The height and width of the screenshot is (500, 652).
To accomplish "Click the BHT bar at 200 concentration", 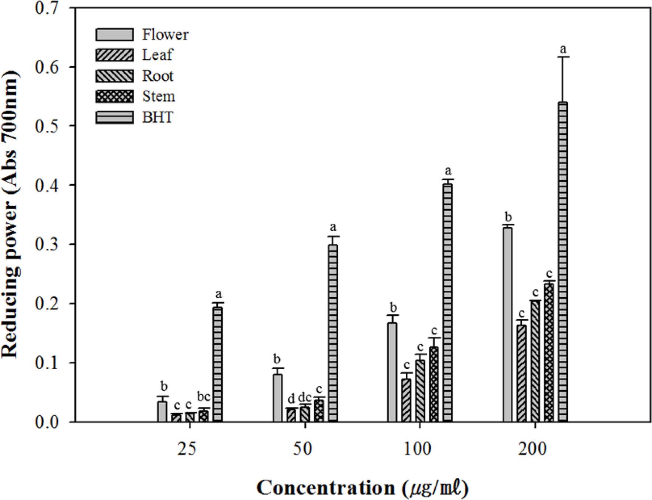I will pyautogui.click(x=563, y=262).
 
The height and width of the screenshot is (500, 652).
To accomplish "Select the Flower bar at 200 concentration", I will pyautogui.click(x=507, y=324).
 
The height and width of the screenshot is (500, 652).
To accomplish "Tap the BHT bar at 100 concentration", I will pyautogui.click(x=447, y=302).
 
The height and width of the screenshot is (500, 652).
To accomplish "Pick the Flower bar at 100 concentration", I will pyautogui.click(x=392, y=372).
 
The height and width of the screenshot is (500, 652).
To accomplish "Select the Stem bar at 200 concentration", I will pyautogui.click(x=549, y=352).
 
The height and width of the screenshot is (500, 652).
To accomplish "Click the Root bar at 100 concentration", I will pyautogui.click(x=420, y=391).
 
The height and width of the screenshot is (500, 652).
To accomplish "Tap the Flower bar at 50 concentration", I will pyautogui.click(x=277, y=398).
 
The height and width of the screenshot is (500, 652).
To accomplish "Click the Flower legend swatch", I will pyautogui.click(x=114, y=35).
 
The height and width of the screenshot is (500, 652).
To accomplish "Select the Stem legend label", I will pyautogui.click(x=159, y=97).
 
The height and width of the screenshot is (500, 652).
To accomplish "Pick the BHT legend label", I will pyautogui.click(x=157, y=118).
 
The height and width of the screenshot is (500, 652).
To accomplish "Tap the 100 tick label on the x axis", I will pyautogui.click(x=420, y=449).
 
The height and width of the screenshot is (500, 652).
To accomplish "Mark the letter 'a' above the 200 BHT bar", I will pyautogui.click(x=563, y=49).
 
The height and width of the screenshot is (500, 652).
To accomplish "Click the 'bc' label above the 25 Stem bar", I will pyautogui.click(x=203, y=397).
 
